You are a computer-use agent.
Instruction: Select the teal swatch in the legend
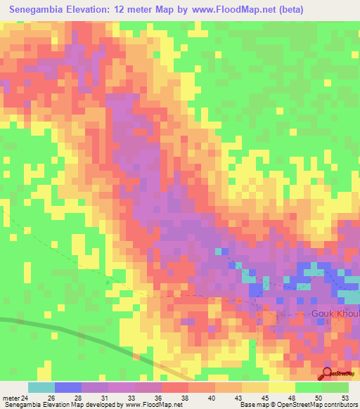(x=41, y=387)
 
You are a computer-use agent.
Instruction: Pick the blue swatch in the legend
(x=68, y=387)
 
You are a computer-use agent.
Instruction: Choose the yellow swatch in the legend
(x=281, y=387)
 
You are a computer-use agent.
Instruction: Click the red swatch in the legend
(x=175, y=387)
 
